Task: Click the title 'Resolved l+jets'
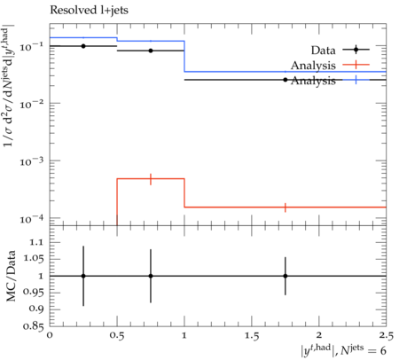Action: click(x=89, y=11)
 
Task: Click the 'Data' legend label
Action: click(x=323, y=51)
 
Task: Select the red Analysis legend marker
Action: click(x=356, y=65)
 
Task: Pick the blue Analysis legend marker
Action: click(x=356, y=80)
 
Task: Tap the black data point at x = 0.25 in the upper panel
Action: click(x=83, y=46)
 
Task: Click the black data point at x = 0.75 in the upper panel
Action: click(x=151, y=51)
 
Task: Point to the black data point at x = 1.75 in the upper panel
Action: click(x=286, y=80)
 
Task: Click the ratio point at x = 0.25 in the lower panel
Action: click(x=83, y=276)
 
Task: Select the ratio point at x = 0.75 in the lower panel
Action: click(x=151, y=276)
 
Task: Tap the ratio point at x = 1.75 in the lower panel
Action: click(x=286, y=276)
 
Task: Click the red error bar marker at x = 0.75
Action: click(x=151, y=179)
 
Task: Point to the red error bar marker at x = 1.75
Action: click(x=286, y=207)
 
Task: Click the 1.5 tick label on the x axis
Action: click(x=252, y=336)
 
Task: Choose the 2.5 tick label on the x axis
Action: click(x=387, y=336)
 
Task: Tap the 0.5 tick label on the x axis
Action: click(x=117, y=336)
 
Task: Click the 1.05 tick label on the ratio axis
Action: click(x=33, y=259)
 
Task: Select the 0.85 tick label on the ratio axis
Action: click(x=33, y=326)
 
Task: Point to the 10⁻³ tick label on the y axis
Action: click(x=31, y=161)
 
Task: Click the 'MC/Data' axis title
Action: click(x=11, y=276)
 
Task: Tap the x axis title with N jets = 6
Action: click(x=343, y=349)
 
